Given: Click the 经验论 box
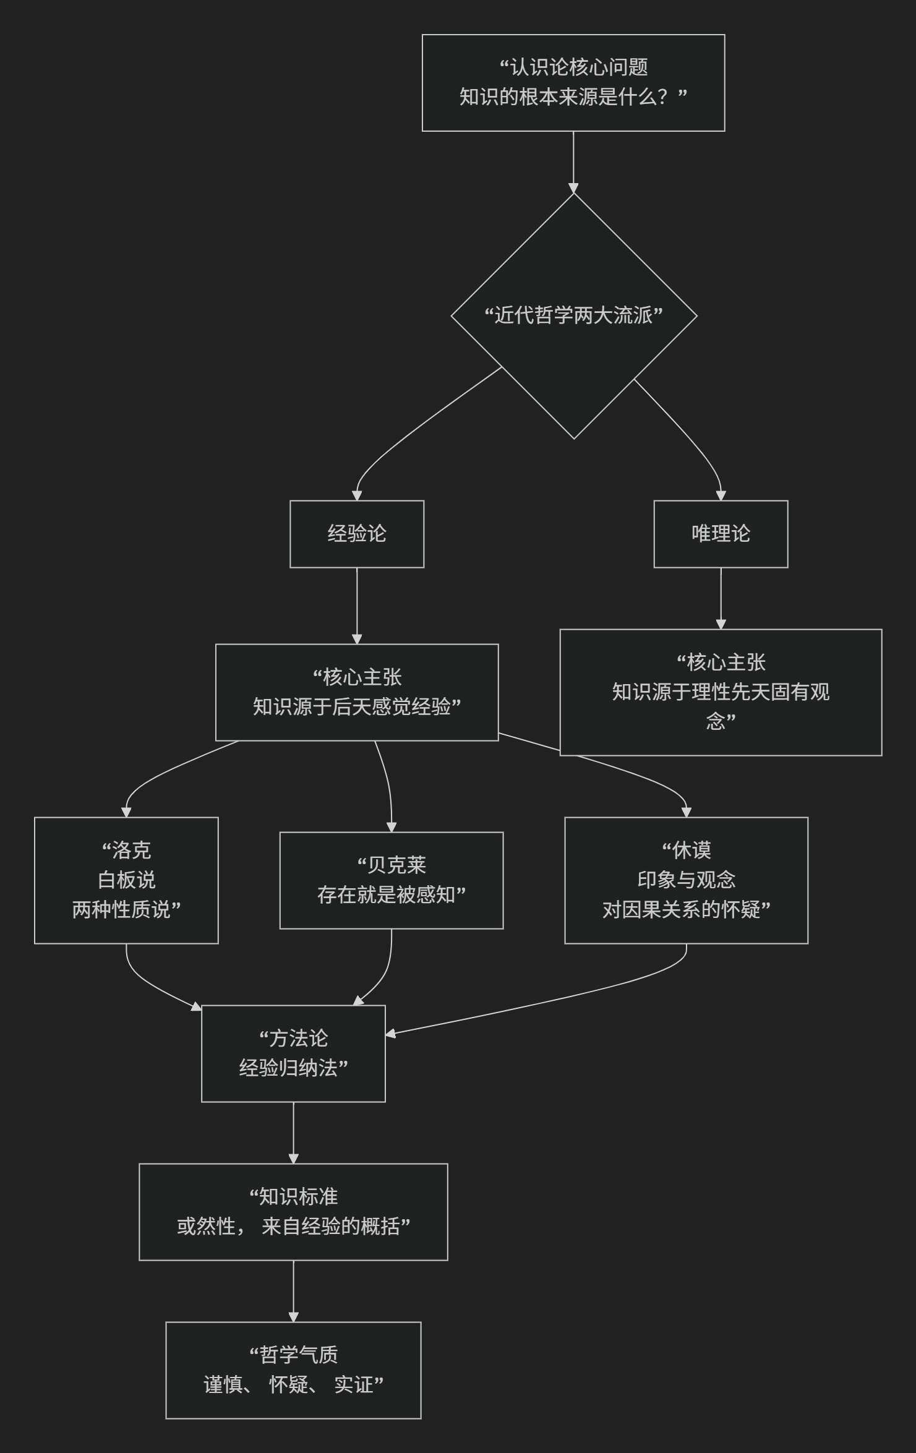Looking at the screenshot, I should coord(357,534).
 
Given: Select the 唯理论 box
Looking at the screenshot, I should coord(721,534).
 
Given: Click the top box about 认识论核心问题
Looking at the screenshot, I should coord(573,82).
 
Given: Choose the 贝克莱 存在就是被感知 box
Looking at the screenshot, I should coord(391,880).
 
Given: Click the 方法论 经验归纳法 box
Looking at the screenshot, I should coord(293,1053).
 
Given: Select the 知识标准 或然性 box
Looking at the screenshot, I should coord(293,1212).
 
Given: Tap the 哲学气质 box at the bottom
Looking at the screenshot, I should coord(293,1370).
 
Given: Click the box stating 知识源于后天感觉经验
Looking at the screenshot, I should coord(357,692).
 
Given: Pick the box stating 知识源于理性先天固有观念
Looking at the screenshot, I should coord(721,692).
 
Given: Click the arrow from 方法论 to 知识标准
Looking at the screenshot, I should coord(293,1132).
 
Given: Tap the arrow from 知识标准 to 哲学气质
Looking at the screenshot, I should coord(293,1290).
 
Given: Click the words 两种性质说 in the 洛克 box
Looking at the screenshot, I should coord(126,910).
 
